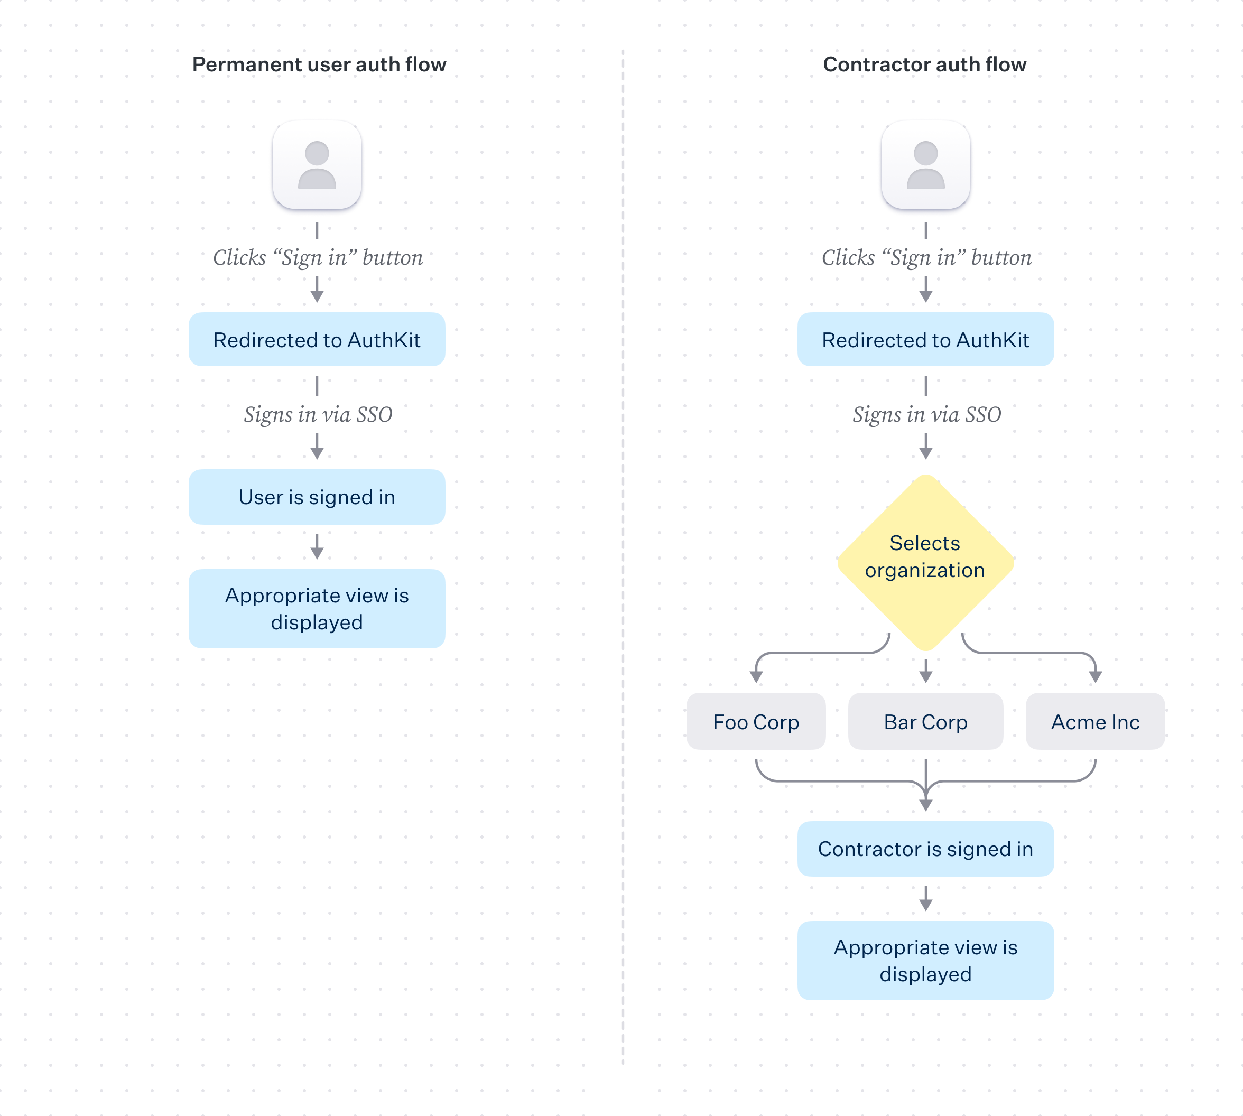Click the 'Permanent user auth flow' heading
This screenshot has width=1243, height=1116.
click(x=319, y=64)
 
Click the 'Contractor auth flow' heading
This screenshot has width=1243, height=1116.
click(x=924, y=64)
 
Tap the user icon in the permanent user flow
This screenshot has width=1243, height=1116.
click(x=317, y=164)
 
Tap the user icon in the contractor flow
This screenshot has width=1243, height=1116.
click(x=925, y=164)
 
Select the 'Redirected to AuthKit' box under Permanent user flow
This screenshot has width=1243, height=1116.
click(x=317, y=340)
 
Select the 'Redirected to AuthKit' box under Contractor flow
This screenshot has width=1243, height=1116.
click(x=925, y=340)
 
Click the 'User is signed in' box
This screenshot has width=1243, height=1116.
click(x=317, y=497)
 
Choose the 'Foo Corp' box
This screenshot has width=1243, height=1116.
click(x=756, y=722)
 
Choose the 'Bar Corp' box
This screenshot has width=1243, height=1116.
click(x=925, y=722)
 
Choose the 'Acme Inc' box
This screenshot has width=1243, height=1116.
click(x=1095, y=722)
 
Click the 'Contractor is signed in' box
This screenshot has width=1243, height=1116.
click(x=925, y=849)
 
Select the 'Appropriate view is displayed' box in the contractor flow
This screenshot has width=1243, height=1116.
click(x=925, y=960)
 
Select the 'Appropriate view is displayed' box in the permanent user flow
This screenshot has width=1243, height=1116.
click(x=317, y=608)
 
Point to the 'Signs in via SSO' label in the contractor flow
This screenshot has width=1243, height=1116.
click(x=926, y=414)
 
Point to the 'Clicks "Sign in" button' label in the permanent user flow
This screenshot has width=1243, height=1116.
click(x=318, y=257)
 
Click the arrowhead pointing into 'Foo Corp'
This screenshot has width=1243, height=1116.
click(x=756, y=677)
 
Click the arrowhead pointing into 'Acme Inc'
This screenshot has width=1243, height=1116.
click(x=1095, y=677)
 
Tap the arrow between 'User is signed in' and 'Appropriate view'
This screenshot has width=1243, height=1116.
click(x=317, y=547)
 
